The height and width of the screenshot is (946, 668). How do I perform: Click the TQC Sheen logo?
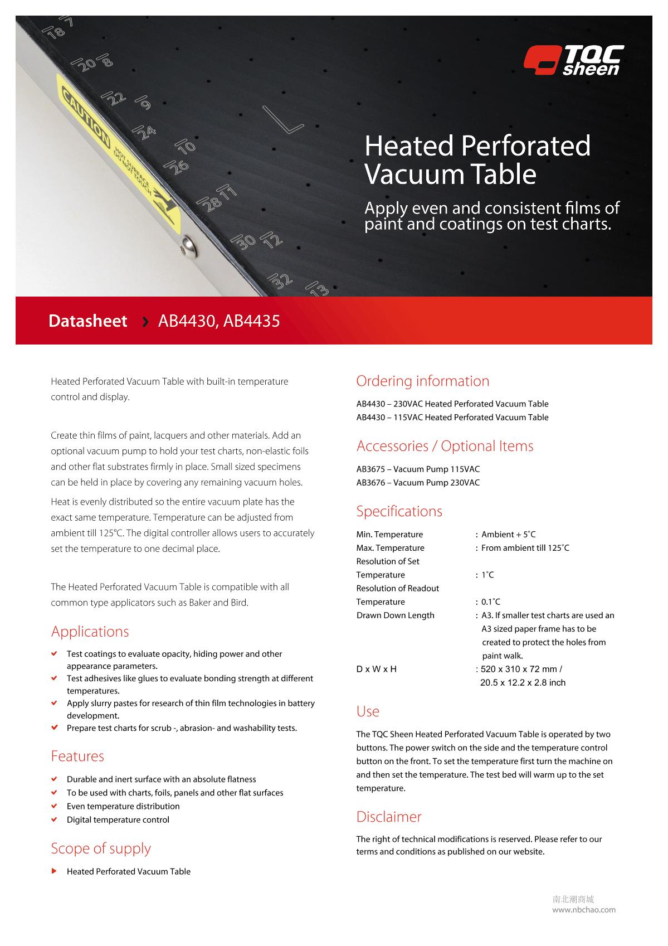point(574,60)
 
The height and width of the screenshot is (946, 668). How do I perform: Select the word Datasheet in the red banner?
point(87,321)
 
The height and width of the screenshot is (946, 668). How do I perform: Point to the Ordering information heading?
point(422,381)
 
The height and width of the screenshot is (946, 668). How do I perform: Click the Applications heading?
point(90,631)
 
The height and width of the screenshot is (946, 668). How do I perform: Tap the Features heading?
point(77,756)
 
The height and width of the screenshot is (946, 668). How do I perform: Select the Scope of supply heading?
point(101,848)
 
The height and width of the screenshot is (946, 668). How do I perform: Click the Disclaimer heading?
point(388,817)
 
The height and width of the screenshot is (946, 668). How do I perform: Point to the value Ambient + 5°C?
point(508,535)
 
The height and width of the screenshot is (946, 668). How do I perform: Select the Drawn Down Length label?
point(395,615)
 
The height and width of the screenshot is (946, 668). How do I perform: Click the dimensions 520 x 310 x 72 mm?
point(518,669)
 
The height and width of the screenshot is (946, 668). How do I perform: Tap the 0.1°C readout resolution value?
point(490,602)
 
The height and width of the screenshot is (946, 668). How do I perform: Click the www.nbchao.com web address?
point(584,910)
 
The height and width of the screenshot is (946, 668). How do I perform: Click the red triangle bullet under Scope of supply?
point(54,871)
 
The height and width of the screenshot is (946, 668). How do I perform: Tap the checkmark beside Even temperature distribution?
point(54,806)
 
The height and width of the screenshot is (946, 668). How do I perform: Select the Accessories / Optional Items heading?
point(445,446)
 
